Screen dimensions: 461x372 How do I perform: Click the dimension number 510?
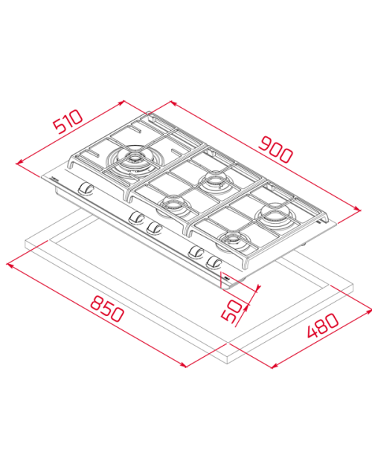(68, 120)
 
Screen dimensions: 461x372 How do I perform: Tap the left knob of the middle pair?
(136, 217)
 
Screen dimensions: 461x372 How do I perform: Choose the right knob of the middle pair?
(155, 226)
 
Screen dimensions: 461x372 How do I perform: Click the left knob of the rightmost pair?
(197, 251)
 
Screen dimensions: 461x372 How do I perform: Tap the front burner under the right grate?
(233, 241)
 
